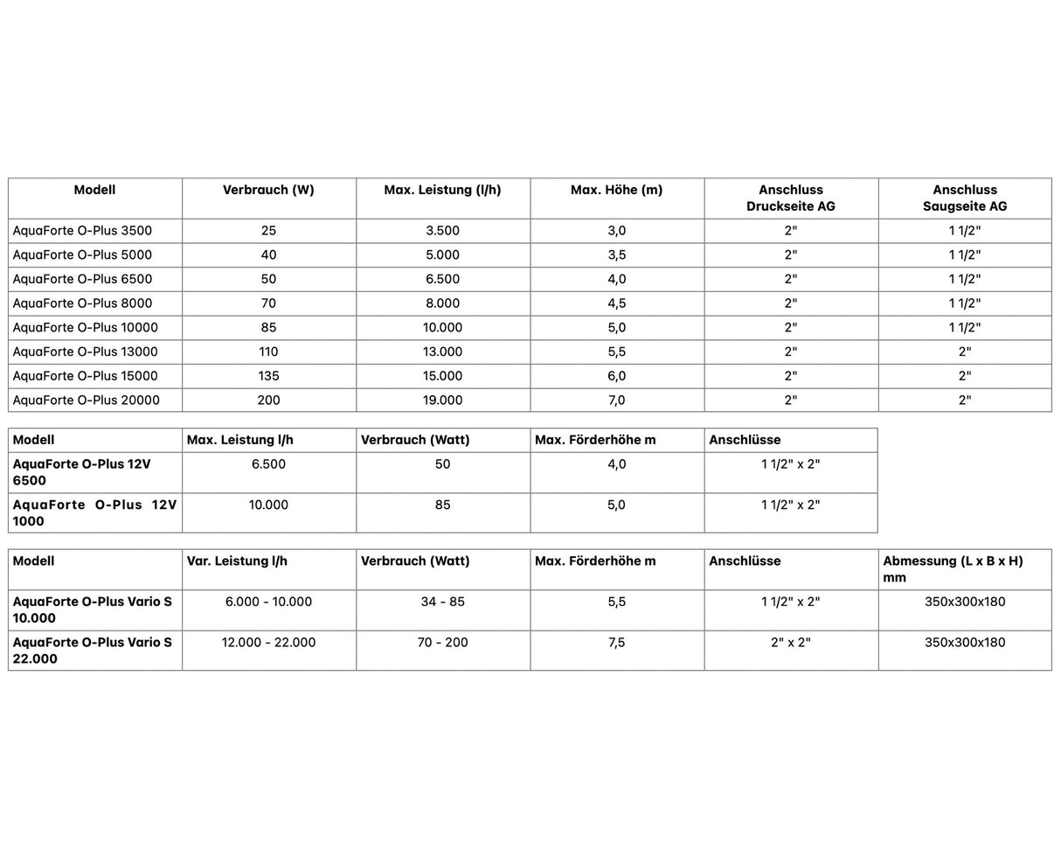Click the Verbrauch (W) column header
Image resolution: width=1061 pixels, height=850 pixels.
coord(268,190)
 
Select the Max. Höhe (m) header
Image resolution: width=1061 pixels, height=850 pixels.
coord(616,190)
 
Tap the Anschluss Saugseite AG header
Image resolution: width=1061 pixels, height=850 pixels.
coord(965,198)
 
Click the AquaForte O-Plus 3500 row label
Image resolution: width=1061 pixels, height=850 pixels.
coord(82,231)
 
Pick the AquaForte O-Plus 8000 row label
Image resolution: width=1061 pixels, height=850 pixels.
coord(82,303)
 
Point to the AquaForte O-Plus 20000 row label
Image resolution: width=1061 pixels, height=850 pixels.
coord(86,400)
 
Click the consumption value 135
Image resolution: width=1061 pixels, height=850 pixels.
coord(268,376)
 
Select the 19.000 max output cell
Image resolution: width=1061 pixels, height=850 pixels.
coord(442,400)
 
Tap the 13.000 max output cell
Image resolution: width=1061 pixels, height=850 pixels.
coord(442,352)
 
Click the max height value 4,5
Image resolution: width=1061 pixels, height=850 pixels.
coord(616,303)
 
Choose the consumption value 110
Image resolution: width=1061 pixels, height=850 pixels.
coord(268,352)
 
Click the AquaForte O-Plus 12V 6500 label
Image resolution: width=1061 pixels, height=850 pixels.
coord(81,472)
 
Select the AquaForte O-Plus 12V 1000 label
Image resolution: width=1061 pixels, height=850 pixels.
coord(94,512)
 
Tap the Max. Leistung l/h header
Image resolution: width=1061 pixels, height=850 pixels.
coord(240,440)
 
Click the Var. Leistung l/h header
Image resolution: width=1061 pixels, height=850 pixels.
coord(237,561)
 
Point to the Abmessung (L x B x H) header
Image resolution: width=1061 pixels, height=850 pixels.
coord(953,568)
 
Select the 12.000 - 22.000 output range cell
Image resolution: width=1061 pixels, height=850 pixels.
coord(268,643)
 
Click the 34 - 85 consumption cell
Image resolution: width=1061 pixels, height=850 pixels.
coord(442,603)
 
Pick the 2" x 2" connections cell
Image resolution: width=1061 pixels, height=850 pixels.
coord(790,643)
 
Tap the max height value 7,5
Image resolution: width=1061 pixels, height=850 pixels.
coord(616,643)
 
